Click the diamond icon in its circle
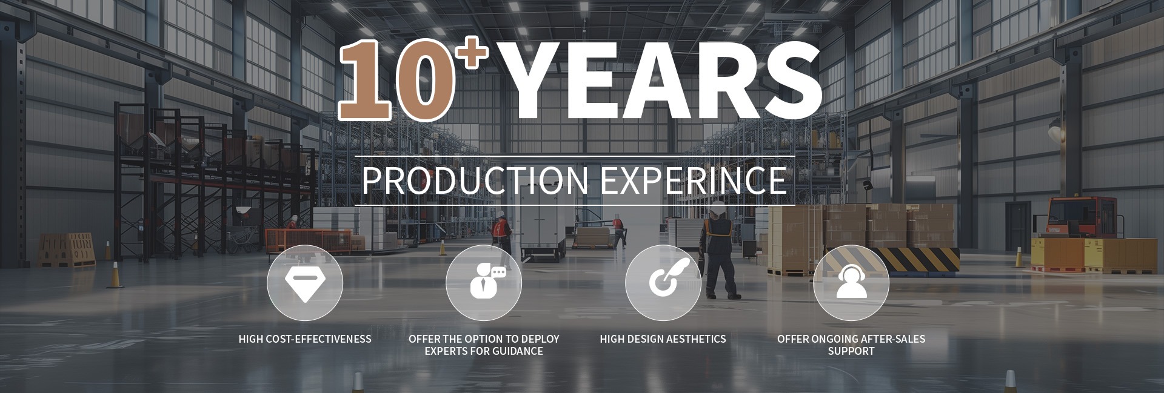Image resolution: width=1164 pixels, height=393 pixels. coord(305,283)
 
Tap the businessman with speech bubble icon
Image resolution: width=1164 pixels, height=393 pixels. coord(484,283)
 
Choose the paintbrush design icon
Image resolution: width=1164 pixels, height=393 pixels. coord(663,283)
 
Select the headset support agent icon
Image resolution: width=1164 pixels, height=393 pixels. coord(851,283)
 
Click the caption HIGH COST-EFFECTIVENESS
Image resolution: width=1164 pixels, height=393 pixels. coord(305,339)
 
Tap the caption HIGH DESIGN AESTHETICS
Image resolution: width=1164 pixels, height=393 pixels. coord(663,339)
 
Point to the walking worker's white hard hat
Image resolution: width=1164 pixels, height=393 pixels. coord(718,208)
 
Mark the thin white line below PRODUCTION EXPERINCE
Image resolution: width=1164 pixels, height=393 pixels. coord(575,206)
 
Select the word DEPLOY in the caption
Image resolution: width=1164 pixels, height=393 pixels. coord(540,339)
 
